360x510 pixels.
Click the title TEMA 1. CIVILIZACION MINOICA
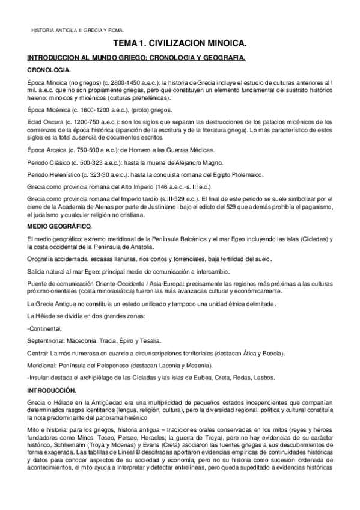tap(180, 44)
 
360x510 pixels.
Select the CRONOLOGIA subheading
tap(46, 70)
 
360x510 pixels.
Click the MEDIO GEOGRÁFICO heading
tap(59, 226)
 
